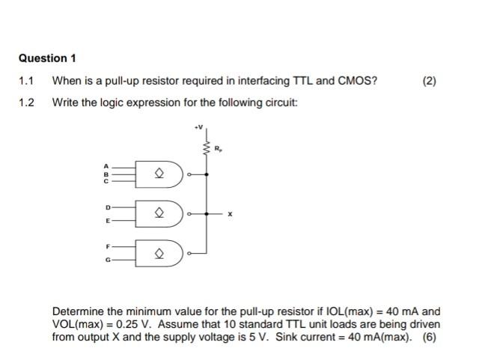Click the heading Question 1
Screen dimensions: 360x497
click(x=47, y=58)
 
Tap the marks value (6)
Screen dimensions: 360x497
click(x=429, y=337)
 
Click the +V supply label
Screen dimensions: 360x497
click(x=198, y=128)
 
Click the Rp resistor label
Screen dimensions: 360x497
click(x=218, y=148)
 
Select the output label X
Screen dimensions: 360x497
click(x=231, y=214)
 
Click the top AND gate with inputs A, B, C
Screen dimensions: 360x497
click(x=159, y=175)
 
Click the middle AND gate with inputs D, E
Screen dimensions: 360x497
click(x=159, y=213)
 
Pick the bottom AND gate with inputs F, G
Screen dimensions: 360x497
click(x=159, y=253)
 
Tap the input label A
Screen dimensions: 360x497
click(x=106, y=165)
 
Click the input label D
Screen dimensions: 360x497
click(x=106, y=205)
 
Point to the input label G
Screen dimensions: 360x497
click(x=106, y=260)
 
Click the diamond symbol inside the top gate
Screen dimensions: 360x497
click(x=159, y=175)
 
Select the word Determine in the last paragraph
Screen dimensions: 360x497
click(x=77, y=311)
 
